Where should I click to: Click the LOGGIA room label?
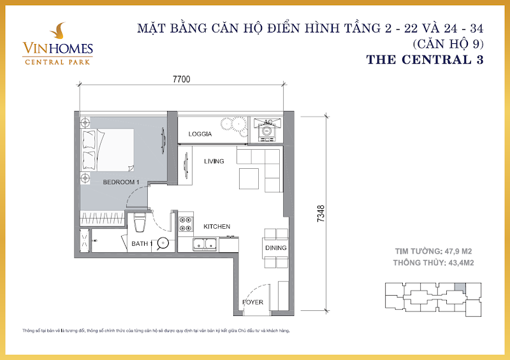click(200, 134)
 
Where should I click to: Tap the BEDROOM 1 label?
click(121, 182)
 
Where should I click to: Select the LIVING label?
click(214, 161)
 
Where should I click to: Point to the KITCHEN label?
click(217, 227)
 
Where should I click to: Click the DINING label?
click(276, 248)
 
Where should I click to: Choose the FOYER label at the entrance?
click(252, 302)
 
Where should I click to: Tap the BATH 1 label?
click(142, 243)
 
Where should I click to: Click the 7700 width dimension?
click(182, 79)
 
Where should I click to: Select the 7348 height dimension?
click(321, 213)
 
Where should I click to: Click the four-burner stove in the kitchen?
click(186, 224)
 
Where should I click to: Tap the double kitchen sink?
click(205, 244)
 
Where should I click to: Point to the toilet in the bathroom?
click(140, 222)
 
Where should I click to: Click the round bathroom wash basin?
click(163, 243)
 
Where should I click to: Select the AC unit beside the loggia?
click(267, 130)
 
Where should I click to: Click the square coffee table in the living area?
click(249, 178)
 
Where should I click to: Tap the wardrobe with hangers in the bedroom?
click(103, 219)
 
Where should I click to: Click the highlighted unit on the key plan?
click(460, 287)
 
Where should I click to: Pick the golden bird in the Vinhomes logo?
click(59, 31)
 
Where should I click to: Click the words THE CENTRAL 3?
click(425, 60)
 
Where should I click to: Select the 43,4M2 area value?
click(461, 263)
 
